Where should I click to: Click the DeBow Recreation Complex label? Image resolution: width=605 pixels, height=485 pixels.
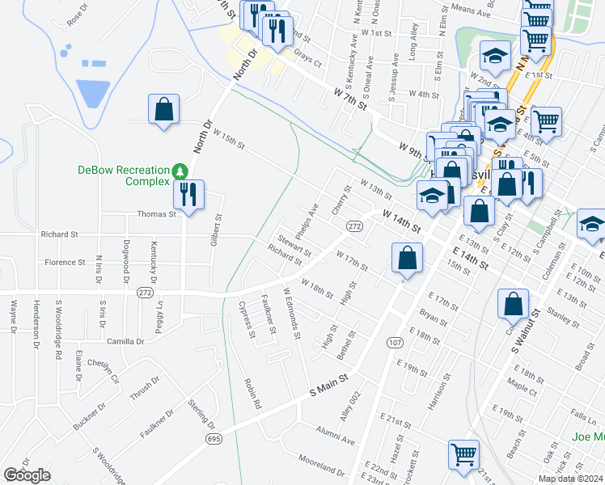pyautogui.click(x=125, y=175)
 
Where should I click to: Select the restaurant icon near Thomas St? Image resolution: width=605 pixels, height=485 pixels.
pyautogui.click(x=189, y=195)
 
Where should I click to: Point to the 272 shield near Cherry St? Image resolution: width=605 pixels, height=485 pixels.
pyautogui.click(x=354, y=226)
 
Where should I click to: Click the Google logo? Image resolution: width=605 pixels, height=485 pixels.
pyautogui.click(x=27, y=475)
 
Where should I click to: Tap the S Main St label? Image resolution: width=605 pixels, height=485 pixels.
pyautogui.click(x=329, y=385)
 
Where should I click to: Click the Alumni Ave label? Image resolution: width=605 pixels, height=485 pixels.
pyautogui.click(x=336, y=436)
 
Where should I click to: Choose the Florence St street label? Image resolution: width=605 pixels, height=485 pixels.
pyautogui.click(x=65, y=262)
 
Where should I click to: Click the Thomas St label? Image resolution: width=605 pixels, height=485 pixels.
pyautogui.click(x=157, y=214)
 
